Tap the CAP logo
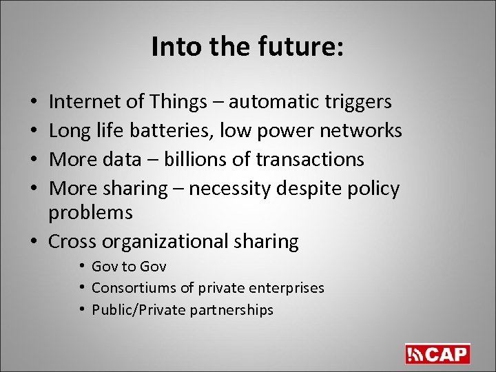437,353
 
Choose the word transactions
309,159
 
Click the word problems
90,212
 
